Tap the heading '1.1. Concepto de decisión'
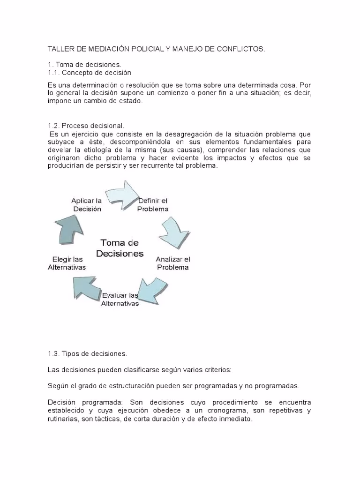(90, 73)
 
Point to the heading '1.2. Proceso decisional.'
(87, 126)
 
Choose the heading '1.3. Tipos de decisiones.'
(88, 353)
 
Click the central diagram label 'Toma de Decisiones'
(120, 248)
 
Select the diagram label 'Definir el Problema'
(153, 205)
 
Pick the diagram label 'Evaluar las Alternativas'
(120, 299)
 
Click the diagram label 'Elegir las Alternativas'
(67, 263)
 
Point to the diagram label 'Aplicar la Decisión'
(87, 205)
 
